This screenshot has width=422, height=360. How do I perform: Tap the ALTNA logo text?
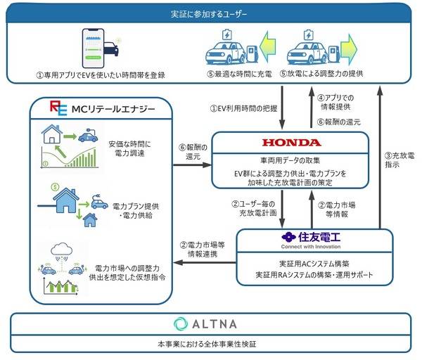(209, 324)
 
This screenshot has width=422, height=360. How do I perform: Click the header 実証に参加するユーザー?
(210, 13)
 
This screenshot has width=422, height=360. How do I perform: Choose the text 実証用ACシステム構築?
(310, 264)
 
